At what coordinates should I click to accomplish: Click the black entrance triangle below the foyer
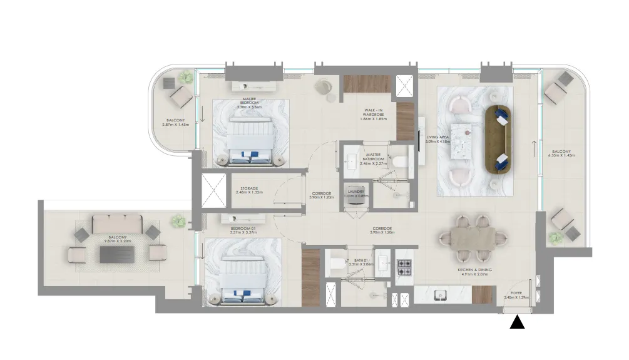click(518, 322)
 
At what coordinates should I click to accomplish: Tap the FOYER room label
click(516, 294)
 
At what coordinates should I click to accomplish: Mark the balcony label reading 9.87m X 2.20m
click(119, 239)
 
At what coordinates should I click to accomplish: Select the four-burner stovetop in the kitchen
click(404, 267)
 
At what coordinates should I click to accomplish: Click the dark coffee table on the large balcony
click(117, 254)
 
